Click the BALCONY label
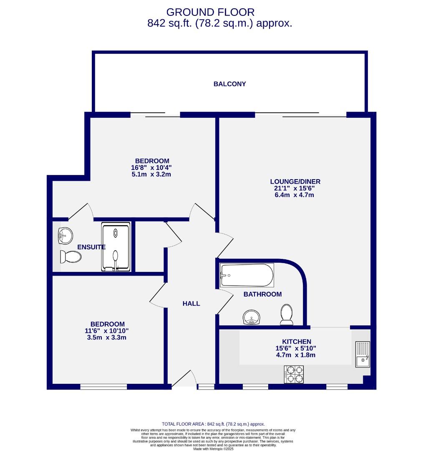[x=229, y=84]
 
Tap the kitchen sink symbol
[x=363, y=354]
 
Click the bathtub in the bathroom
[x=247, y=275]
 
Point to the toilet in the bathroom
[x=287, y=314]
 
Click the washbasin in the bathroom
[x=252, y=317]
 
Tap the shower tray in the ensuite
[x=116, y=247]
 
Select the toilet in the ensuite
[x=70, y=256]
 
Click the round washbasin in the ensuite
[x=65, y=236]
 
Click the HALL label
[x=191, y=304]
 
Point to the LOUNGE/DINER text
[x=295, y=182]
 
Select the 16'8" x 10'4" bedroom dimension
[x=151, y=167]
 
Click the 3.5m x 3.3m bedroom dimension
[x=107, y=337]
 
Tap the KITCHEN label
[x=296, y=342]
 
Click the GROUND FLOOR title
[x=210, y=12]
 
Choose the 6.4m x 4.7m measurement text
[x=295, y=195]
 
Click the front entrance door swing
[x=185, y=378]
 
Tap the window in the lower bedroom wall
[x=103, y=387]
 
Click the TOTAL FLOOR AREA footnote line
[x=213, y=423]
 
